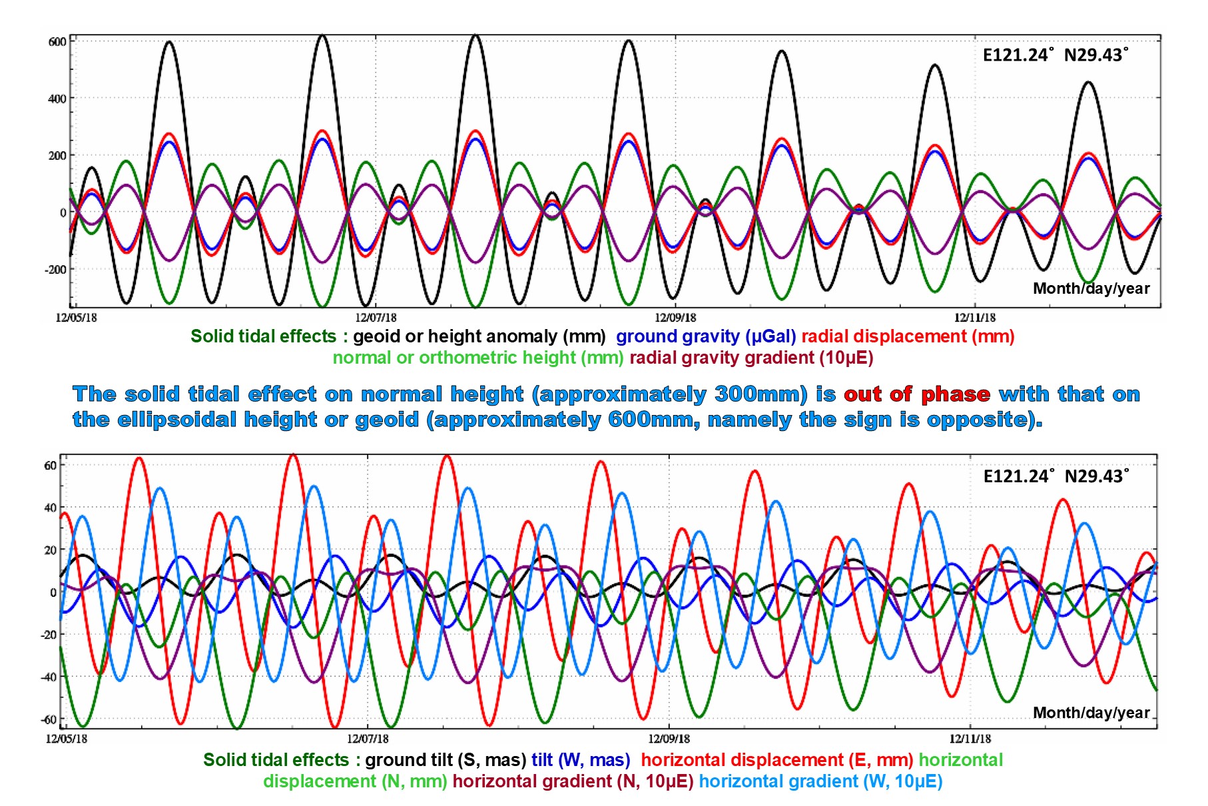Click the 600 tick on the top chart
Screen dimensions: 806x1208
(x=57, y=41)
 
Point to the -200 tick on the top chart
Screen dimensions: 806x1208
(x=55, y=270)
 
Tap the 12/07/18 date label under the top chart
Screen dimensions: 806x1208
(x=376, y=318)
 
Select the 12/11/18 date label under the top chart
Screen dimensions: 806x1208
(x=974, y=318)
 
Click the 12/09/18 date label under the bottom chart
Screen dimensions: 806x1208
(x=669, y=738)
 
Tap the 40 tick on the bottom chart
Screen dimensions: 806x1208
(x=51, y=508)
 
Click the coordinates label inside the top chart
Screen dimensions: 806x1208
(x=1056, y=55)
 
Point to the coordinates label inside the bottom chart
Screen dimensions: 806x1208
(x=1056, y=476)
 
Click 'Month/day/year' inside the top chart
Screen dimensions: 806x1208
(x=1091, y=288)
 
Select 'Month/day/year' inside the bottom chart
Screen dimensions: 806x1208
(x=1091, y=713)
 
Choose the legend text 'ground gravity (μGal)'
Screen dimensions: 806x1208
(x=705, y=336)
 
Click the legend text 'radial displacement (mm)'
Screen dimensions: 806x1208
(x=908, y=336)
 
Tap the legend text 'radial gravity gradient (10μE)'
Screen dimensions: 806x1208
(x=751, y=358)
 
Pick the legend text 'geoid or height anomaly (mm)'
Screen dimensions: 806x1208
(x=479, y=336)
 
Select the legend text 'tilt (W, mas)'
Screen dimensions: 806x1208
(x=581, y=760)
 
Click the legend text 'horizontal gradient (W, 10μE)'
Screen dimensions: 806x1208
(x=820, y=781)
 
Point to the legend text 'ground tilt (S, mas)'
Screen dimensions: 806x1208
(x=446, y=760)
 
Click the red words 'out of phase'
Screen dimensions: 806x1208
(x=917, y=394)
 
